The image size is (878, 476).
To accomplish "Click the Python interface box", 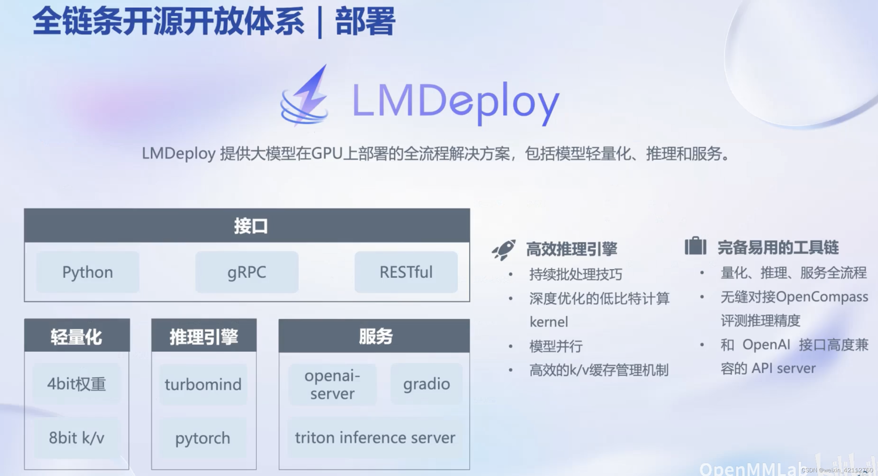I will coord(88,272).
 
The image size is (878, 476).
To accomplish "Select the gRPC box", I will coord(247,272).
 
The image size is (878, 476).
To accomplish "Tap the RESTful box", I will coord(406,272).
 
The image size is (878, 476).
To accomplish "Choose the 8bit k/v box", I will coord(77,438).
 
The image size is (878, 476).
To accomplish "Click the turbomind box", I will coord(203,384).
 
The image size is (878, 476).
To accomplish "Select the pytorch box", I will coord(203,438).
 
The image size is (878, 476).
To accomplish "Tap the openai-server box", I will coord(332,384).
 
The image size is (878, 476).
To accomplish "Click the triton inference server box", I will coord(375,438).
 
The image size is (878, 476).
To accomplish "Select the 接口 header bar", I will coord(247,226).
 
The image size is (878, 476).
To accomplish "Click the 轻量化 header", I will coord(77,336).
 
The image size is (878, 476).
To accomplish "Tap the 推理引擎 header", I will coord(204,336).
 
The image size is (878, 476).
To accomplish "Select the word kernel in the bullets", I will coord(549,322).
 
